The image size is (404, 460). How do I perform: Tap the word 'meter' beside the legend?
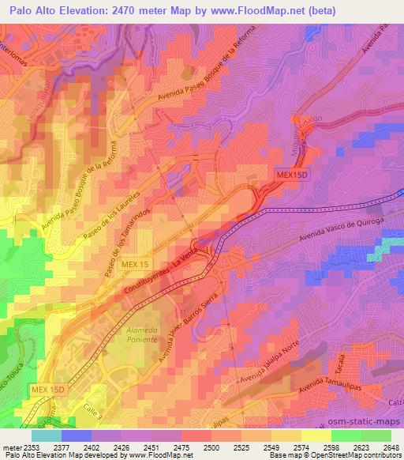pyautogui.click(x=11, y=447)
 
